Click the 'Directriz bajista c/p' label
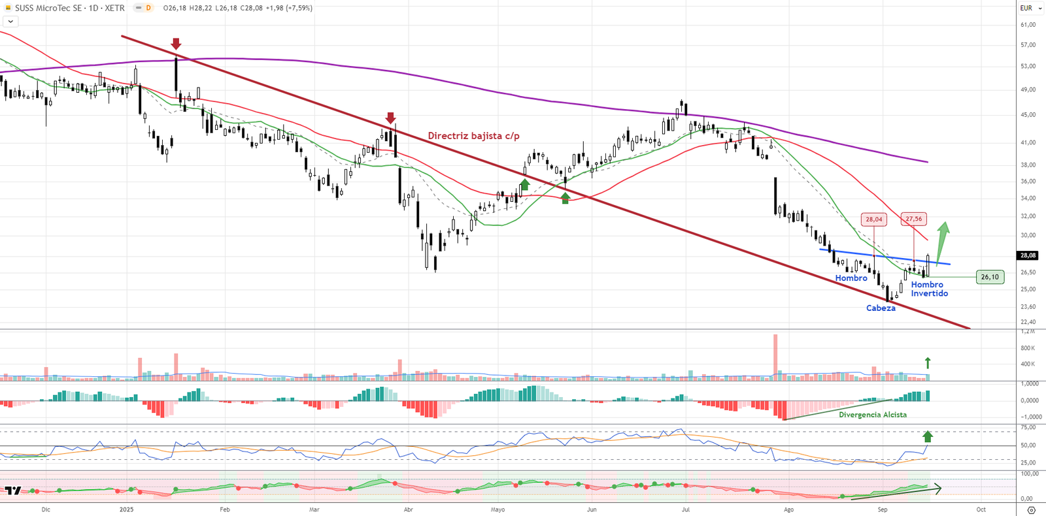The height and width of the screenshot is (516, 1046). [473, 136]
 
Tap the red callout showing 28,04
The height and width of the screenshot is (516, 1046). [873, 219]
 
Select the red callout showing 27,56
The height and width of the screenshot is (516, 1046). [913, 219]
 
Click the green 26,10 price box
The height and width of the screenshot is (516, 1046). [990, 277]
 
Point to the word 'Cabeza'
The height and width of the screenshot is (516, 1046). [881, 308]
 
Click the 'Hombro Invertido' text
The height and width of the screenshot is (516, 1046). [929, 289]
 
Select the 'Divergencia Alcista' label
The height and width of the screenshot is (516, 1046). [873, 415]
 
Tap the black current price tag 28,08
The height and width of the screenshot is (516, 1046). [1027, 255]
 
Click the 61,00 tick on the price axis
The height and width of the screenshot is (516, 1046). [1028, 25]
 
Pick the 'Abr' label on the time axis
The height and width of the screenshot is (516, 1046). [409, 509]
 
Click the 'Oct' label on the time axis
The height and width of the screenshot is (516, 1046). [981, 509]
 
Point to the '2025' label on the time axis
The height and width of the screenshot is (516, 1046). [126, 509]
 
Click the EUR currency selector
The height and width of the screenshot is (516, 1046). [1026, 8]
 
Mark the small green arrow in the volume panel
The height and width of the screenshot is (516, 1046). [927, 363]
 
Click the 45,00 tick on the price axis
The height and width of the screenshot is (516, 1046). [1028, 115]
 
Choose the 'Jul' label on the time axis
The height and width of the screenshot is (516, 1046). [686, 509]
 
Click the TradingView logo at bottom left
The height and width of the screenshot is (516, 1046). [12, 491]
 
